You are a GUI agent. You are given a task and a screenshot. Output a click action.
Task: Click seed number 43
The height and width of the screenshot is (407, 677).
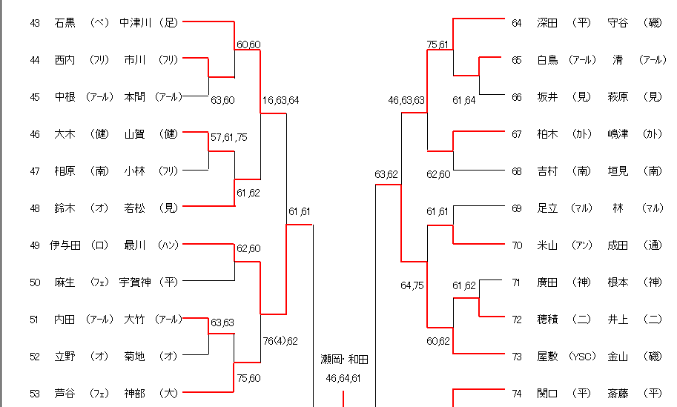tap(35, 23)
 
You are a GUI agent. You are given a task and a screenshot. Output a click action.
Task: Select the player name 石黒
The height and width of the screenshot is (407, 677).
tap(65, 23)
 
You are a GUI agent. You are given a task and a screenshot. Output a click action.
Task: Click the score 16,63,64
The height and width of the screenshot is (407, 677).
tap(280, 100)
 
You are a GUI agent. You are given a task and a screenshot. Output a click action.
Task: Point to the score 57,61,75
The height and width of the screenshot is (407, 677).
tap(229, 138)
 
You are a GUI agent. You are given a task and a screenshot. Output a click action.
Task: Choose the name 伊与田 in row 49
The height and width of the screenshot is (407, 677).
tap(65, 245)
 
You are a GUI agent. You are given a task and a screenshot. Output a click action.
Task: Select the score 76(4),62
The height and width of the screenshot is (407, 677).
tap(280, 341)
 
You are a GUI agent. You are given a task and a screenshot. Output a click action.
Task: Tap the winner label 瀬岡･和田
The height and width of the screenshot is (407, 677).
tap(344, 360)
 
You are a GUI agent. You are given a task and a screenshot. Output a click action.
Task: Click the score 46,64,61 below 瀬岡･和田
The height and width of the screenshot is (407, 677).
tap(344, 378)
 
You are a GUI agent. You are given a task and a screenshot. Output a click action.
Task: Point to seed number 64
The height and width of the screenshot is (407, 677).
tap(517, 23)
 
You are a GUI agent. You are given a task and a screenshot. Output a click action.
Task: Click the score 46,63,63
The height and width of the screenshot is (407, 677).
tap(406, 100)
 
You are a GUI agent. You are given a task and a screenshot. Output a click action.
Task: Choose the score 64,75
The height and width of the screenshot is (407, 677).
tap(412, 285)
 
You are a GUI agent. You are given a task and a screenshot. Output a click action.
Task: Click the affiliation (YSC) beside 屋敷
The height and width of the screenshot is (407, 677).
tap(582, 357)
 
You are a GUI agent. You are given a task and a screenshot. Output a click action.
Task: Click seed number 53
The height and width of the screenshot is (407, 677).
tap(35, 394)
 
